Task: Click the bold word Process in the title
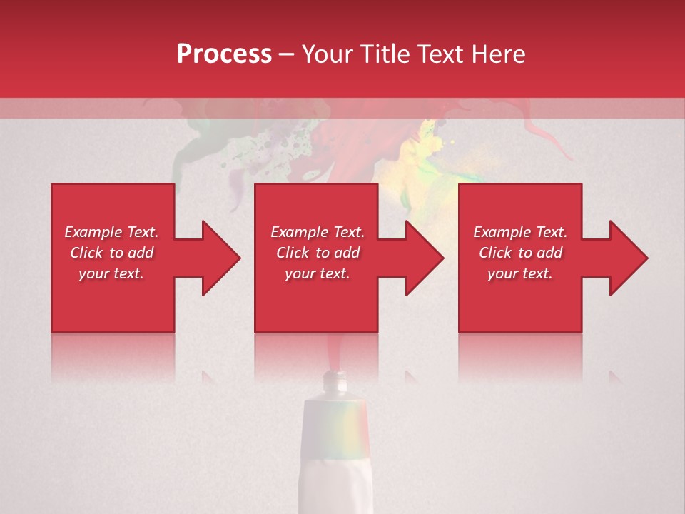pyautogui.click(x=224, y=54)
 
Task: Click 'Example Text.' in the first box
pyautogui.click(x=111, y=232)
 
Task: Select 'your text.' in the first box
pyautogui.click(x=111, y=273)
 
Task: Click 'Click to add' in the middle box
pyautogui.click(x=318, y=253)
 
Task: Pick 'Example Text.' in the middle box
pyautogui.click(x=318, y=232)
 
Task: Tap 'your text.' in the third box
pyautogui.click(x=520, y=273)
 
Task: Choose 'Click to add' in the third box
pyautogui.click(x=520, y=253)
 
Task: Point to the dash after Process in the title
pyautogui.click(x=286, y=54)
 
